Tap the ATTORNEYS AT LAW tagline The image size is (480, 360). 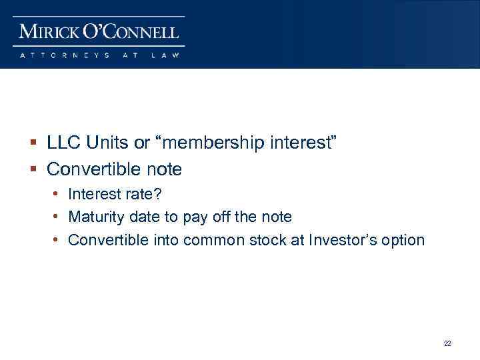tap(100, 55)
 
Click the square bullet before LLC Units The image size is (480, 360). tap(34, 143)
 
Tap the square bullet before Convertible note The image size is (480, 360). tap(34, 170)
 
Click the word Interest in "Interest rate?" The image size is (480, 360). tap(94, 195)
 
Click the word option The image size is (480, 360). tap(403, 240)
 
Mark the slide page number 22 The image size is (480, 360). tap(447, 343)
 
